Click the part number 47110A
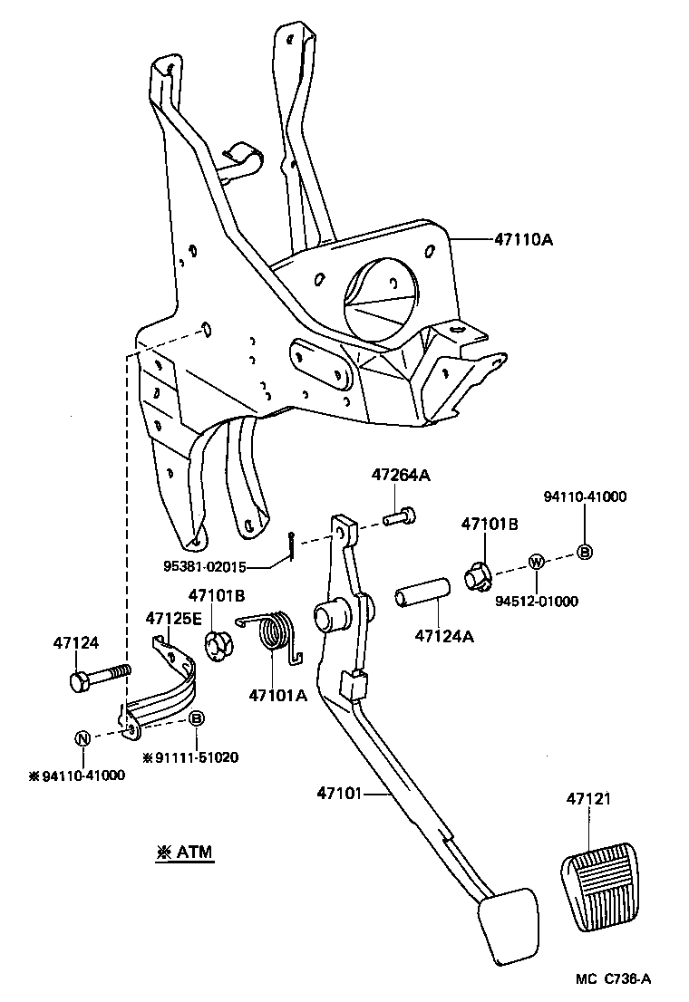pyautogui.click(x=523, y=240)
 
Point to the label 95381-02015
pyautogui.click(x=204, y=568)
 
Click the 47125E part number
pyautogui.click(x=174, y=618)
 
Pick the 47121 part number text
pyautogui.click(x=589, y=799)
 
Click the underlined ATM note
pyautogui.click(x=185, y=853)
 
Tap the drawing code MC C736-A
pyautogui.click(x=614, y=978)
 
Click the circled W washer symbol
pyautogui.click(x=536, y=563)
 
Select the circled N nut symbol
pyautogui.click(x=82, y=737)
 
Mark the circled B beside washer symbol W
pyautogui.click(x=585, y=553)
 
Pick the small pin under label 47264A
pyautogui.click(x=400, y=517)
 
